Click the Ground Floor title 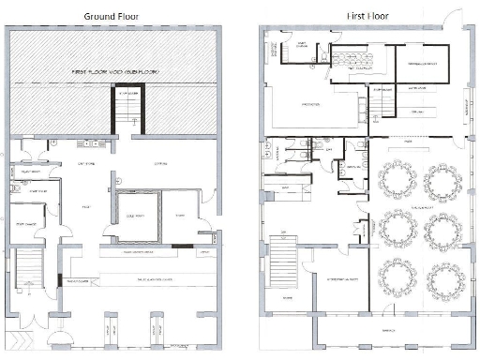112,16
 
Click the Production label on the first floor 310,103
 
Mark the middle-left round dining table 397,228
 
